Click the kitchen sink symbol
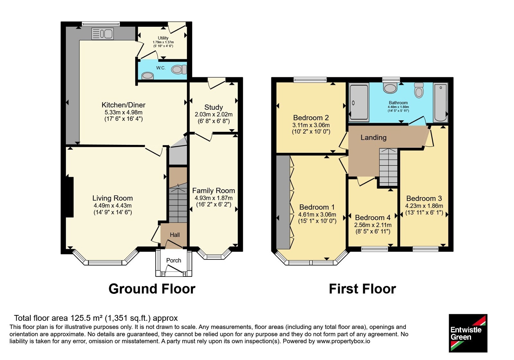[102, 34]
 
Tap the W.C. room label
[161, 68]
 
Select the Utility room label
[163, 38]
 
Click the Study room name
[214, 107]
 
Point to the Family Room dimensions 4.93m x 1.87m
[214, 198]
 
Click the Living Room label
[113, 198]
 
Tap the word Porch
[174, 260]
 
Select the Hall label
[175, 235]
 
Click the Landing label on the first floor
[374, 138]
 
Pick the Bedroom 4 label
[373, 217]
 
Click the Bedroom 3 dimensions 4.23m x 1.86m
[424, 206]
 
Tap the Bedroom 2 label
[311, 118]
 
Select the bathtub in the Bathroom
[440, 102]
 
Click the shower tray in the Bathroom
[359, 102]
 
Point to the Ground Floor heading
[152, 289]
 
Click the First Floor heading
[363, 289]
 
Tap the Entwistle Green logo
[468, 333]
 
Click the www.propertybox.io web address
[343, 341]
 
